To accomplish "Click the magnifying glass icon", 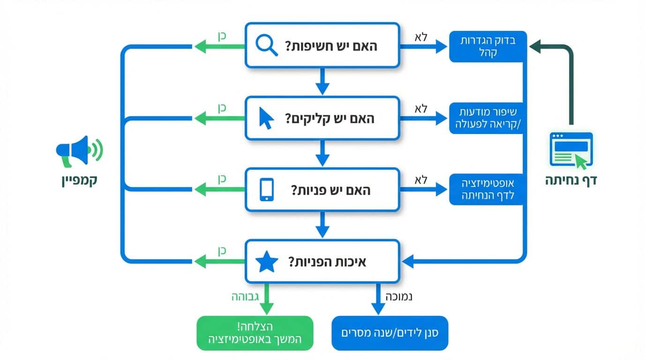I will point(267,46).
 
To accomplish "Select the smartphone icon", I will point(266,190).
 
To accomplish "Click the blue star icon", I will point(266,262).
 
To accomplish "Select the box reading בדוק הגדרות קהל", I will point(488,46).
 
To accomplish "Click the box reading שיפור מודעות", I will point(488,118).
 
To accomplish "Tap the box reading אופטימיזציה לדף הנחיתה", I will point(488,189).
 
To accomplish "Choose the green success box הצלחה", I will point(255,333).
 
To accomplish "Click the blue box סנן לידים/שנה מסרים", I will point(390,333).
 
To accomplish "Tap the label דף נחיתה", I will point(570,180).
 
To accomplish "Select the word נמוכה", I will point(398,296).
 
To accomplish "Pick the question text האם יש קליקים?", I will point(330,119).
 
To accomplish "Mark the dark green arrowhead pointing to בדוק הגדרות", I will point(535,46).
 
